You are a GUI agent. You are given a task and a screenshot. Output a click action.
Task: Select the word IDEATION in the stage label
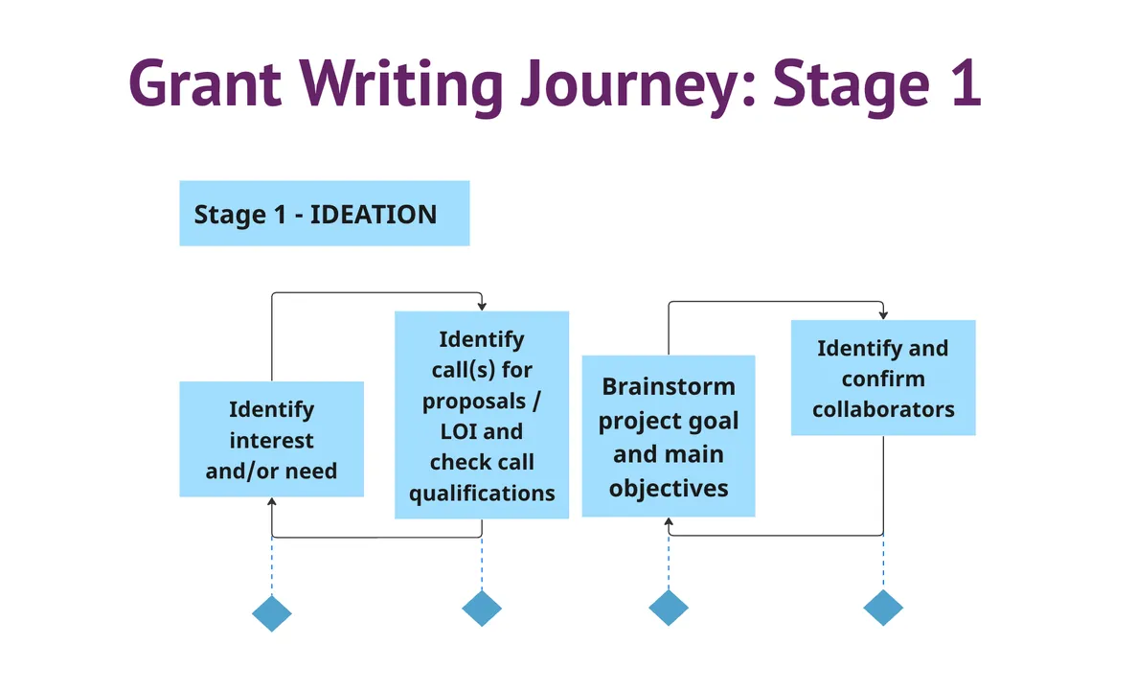(374, 214)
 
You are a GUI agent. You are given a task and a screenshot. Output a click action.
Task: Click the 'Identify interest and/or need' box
(271, 439)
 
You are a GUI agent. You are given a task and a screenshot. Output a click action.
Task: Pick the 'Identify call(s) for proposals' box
(482, 415)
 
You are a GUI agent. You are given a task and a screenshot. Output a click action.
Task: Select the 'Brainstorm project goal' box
(669, 436)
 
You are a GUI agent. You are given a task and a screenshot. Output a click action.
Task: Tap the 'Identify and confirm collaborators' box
(883, 378)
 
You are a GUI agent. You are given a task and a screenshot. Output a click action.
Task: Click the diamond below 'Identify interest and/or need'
(271, 612)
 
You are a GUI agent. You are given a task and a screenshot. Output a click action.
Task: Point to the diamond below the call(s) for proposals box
(482, 608)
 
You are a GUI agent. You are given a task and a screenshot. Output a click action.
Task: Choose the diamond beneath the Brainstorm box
(669, 608)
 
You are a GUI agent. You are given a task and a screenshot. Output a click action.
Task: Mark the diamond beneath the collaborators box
(883, 608)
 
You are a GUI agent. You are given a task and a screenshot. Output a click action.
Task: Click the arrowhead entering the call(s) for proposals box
(482, 306)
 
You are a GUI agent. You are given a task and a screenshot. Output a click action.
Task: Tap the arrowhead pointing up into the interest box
(272, 502)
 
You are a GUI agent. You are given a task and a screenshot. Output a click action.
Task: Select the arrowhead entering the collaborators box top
(883, 315)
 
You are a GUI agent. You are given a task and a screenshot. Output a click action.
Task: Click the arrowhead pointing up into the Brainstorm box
(669, 522)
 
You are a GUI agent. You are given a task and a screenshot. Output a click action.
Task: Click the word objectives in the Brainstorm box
(669, 488)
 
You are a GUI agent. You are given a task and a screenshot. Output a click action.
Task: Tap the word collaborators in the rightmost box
(883, 409)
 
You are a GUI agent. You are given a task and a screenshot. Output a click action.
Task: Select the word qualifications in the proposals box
(482, 493)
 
